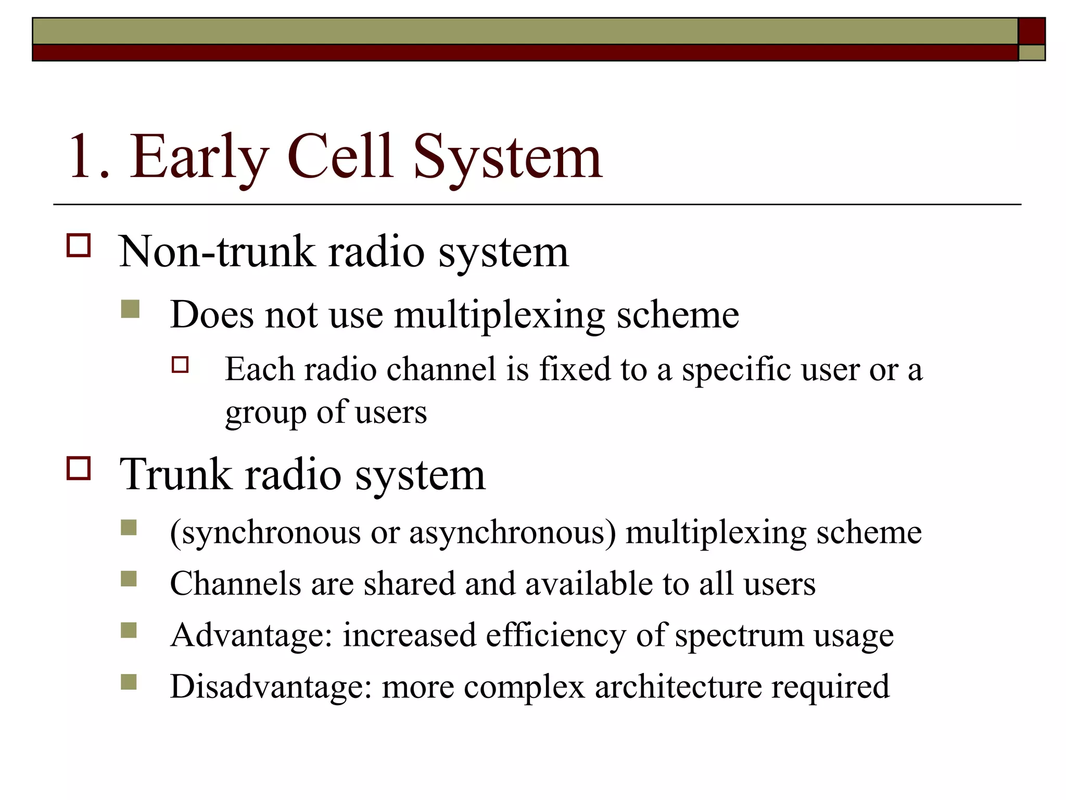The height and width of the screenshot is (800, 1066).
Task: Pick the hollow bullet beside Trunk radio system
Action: [x=79, y=468]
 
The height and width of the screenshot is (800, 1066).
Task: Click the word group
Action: [x=265, y=414]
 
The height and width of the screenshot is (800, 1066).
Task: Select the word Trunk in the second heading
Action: [x=175, y=474]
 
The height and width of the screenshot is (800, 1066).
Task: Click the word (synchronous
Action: [x=265, y=533]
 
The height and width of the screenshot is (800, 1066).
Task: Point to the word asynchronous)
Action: [x=513, y=533]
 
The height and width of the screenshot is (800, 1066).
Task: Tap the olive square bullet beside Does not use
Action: [x=130, y=309]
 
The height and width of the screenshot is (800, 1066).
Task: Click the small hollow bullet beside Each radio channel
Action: [x=180, y=365]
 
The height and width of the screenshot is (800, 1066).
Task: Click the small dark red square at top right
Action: [x=1032, y=31]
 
